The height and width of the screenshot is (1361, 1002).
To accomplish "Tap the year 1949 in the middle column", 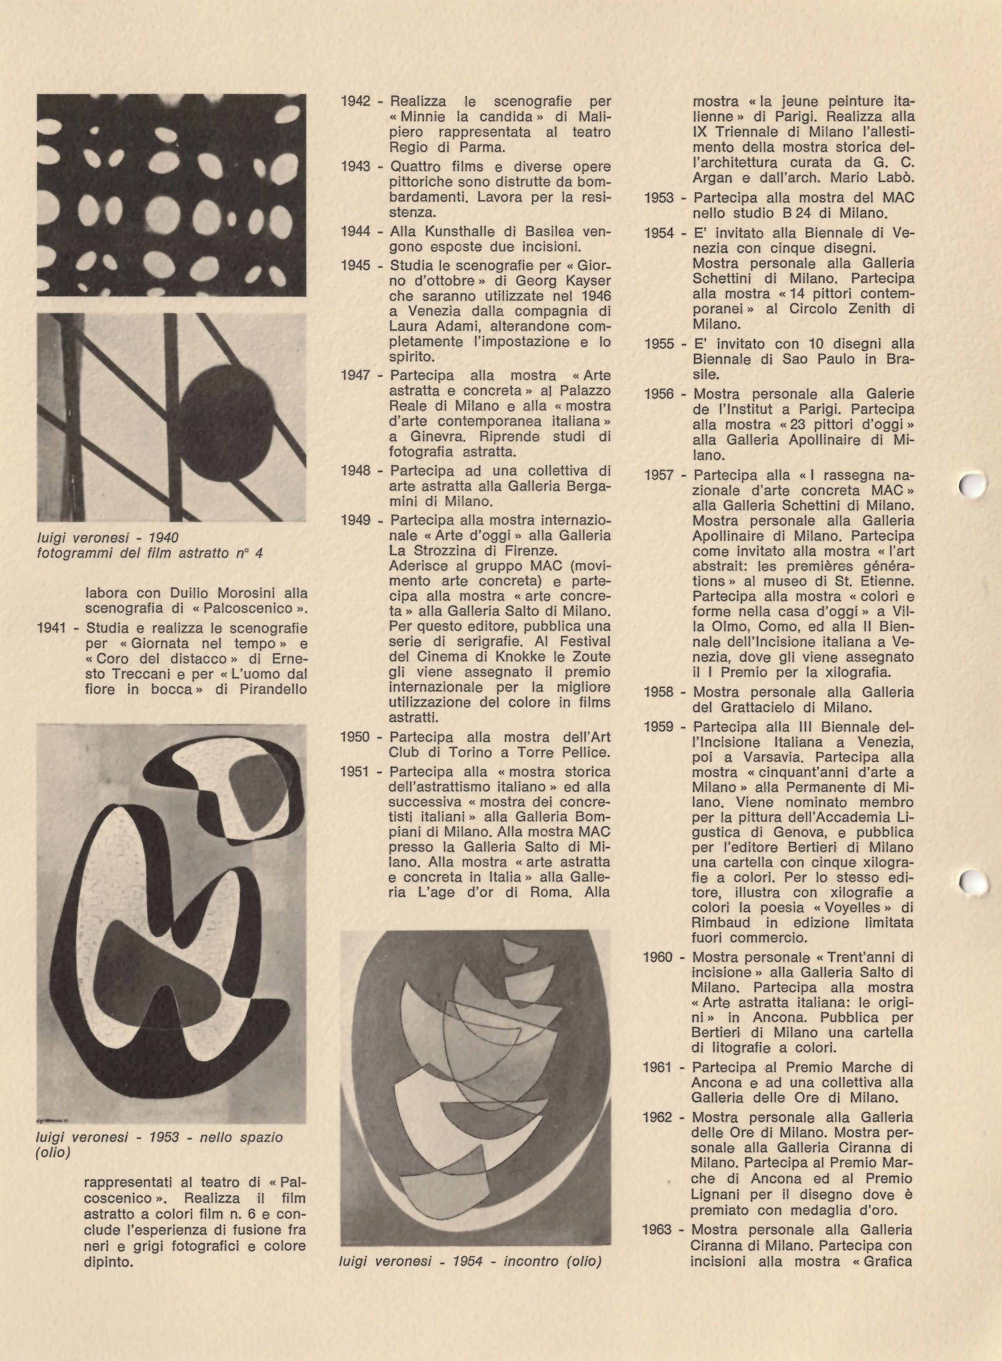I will [x=356, y=520].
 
